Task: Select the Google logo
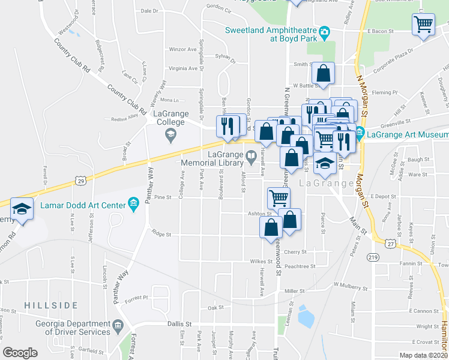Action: [x=20, y=352]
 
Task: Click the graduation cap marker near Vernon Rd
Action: [x=22, y=209]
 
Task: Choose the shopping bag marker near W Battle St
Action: [x=324, y=74]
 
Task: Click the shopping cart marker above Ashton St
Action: [x=279, y=197]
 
